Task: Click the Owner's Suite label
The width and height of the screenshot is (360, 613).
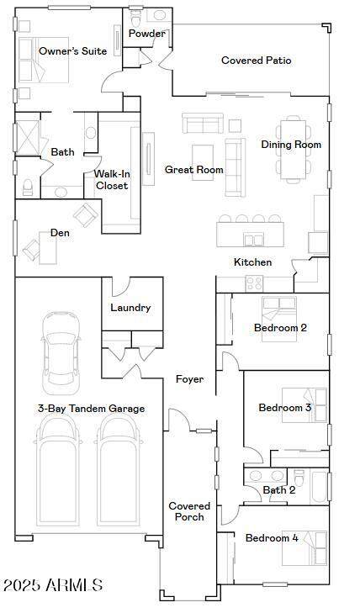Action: point(72,51)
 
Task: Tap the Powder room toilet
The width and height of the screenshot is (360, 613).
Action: point(135,18)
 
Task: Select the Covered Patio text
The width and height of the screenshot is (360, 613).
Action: point(256,61)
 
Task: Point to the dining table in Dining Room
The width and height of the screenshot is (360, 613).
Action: point(294,149)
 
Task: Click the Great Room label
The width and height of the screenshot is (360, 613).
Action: point(193,170)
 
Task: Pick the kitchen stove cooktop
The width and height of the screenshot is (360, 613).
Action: point(254,284)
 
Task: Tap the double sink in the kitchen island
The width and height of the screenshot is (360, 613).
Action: point(254,240)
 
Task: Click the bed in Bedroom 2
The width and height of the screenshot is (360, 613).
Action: point(278,319)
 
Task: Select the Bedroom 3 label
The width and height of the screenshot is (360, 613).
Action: point(285,407)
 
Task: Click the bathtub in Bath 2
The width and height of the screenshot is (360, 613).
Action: point(320,487)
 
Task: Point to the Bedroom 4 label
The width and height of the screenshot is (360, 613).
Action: point(272,538)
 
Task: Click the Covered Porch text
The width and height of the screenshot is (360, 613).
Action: point(189,511)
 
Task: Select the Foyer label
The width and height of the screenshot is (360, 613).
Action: point(189,379)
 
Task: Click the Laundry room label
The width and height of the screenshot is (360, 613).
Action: point(130,308)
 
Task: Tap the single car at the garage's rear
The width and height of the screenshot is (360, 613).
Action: point(61,353)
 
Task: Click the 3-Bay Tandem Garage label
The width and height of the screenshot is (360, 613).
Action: point(91,409)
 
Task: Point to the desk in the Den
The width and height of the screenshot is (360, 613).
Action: point(48,248)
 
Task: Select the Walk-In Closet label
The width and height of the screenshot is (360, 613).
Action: point(112,180)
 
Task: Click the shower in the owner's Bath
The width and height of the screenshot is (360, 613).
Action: point(28,137)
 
